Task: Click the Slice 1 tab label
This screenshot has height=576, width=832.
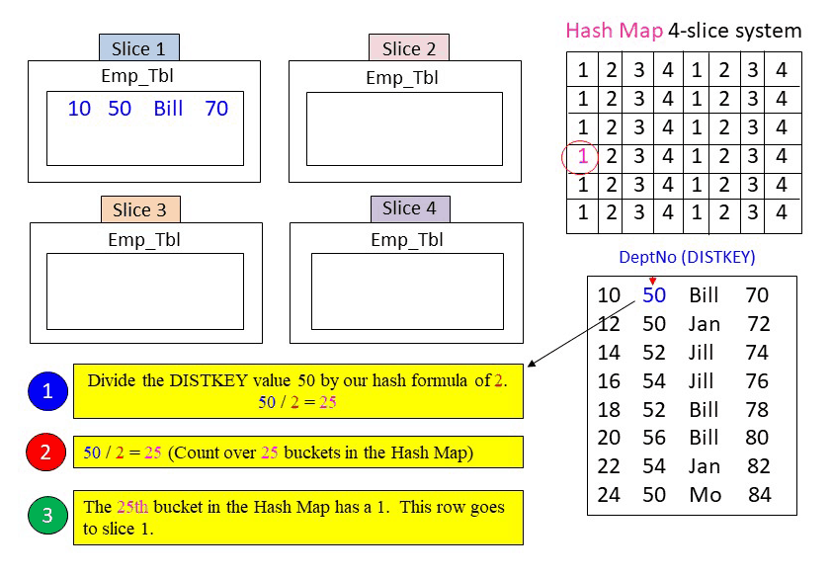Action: click(138, 48)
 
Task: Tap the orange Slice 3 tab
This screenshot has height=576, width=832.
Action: click(139, 209)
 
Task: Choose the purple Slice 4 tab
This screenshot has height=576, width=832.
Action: click(409, 208)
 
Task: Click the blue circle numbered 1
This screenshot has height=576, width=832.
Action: click(47, 391)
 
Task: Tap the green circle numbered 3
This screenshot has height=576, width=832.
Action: click(47, 515)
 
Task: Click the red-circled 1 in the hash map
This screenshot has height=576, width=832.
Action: click(583, 156)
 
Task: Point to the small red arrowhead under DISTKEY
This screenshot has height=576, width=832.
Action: click(652, 281)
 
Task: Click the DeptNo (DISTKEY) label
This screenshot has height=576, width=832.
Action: click(686, 257)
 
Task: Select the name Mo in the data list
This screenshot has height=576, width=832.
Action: click(706, 495)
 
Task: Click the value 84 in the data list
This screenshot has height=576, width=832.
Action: click(759, 495)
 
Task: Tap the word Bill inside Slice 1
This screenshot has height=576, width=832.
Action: click(169, 109)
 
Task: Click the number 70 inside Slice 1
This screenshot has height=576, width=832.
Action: click(216, 109)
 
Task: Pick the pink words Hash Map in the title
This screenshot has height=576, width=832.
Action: click(614, 31)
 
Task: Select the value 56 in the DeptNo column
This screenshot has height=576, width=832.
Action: click(654, 438)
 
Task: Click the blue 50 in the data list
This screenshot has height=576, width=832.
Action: click(654, 294)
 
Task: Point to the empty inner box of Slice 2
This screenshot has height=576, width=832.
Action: click(404, 128)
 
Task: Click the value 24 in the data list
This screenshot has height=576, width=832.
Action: click(609, 495)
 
